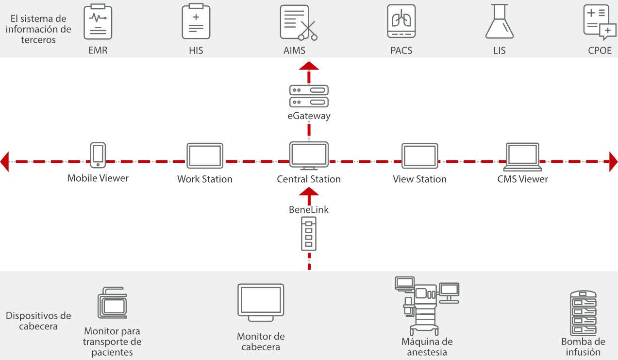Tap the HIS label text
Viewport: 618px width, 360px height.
tap(196, 51)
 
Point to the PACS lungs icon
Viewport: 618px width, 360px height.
tap(401, 21)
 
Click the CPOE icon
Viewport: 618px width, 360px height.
tap(599, 22)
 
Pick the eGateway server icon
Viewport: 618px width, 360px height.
tap(309, 96)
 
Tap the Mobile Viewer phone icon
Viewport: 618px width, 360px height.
tap(98, 155)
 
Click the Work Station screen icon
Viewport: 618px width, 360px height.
tap(205, 156)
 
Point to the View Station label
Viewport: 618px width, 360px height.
tap(419, 179)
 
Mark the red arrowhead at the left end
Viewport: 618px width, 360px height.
tap(5, 161)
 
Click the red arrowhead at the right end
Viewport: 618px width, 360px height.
tap(613, 161)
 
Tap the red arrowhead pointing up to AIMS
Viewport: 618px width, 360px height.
tap(309, 67)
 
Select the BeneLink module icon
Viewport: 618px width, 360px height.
tap(309, 234)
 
